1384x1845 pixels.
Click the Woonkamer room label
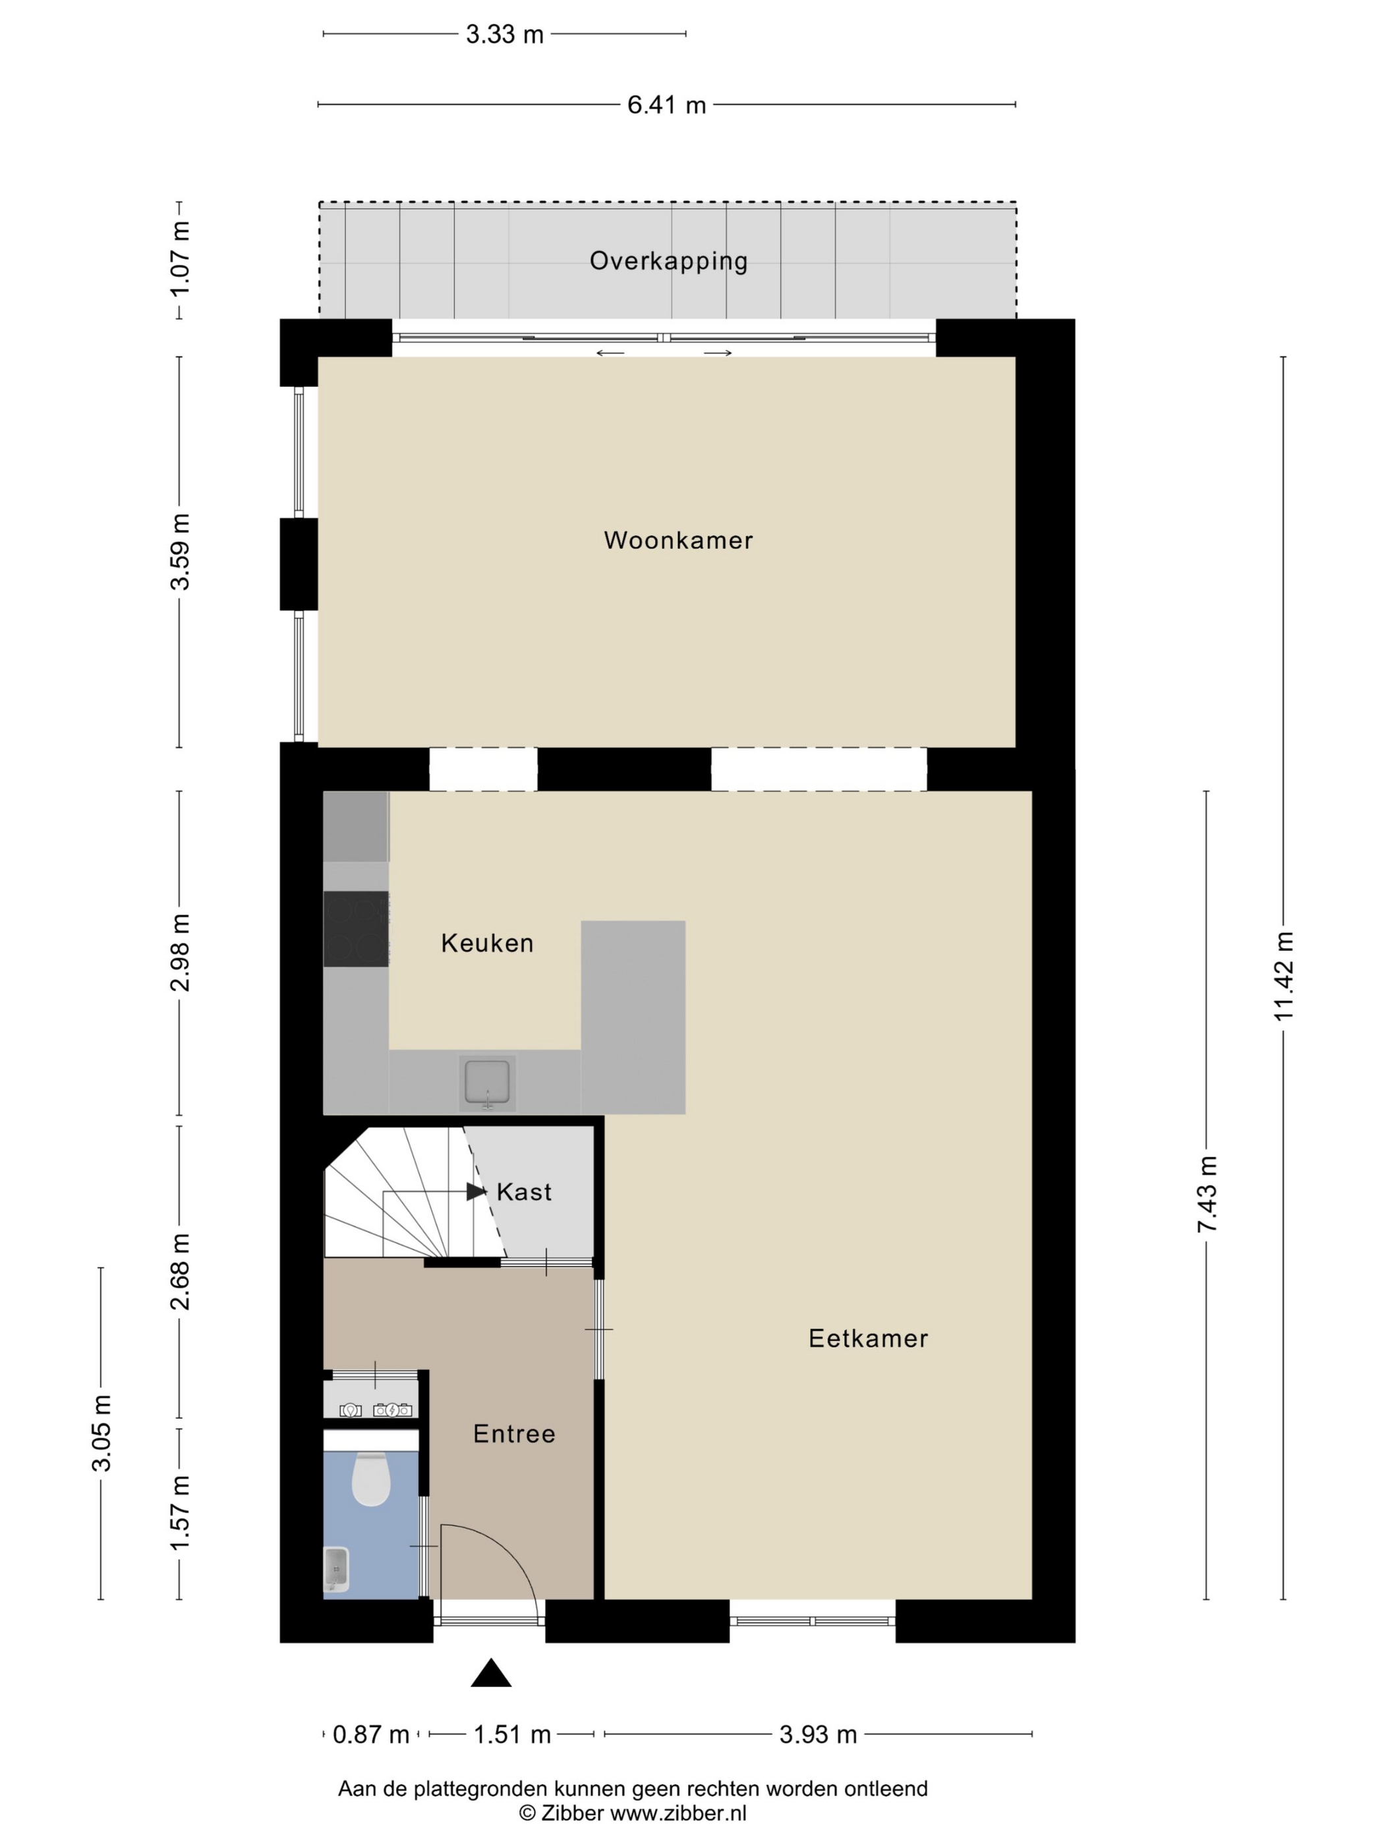(678, 540)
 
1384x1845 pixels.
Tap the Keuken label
(487, 944)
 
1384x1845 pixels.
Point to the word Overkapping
(668, 262)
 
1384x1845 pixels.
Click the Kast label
(524, 1192)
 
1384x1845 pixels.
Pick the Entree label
(514, 1434)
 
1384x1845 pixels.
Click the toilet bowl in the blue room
(371, 1479)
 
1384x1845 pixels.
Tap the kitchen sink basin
(487, 1083)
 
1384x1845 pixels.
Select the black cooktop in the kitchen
(357, 929)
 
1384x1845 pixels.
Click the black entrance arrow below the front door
(492, 1673)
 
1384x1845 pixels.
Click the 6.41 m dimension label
(666, 105)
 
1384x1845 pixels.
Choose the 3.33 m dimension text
(505, 34)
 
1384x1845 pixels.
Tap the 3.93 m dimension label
(819, 1735)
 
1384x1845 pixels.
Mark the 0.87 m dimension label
(371, 1735)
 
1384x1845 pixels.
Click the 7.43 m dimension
(1206, 1195)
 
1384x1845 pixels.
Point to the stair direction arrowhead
(476, 1192)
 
